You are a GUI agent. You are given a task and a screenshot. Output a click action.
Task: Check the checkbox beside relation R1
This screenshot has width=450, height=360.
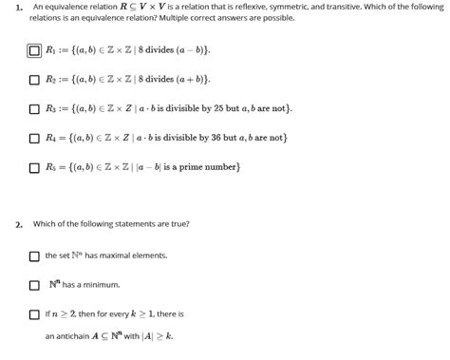(35, 49)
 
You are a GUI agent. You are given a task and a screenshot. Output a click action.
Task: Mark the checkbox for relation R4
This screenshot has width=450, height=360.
(35, 138)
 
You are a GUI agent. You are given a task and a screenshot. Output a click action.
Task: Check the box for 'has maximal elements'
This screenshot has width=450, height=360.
(35, 256)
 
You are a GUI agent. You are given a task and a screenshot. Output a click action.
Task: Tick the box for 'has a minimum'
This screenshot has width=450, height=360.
(35, 284)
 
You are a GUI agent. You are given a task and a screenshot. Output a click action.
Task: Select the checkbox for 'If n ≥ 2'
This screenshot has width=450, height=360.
(35, 313)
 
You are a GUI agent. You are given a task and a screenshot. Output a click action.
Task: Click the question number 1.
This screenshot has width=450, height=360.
(18, 6)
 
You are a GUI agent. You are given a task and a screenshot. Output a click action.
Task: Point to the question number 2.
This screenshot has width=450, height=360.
(18, 225)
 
